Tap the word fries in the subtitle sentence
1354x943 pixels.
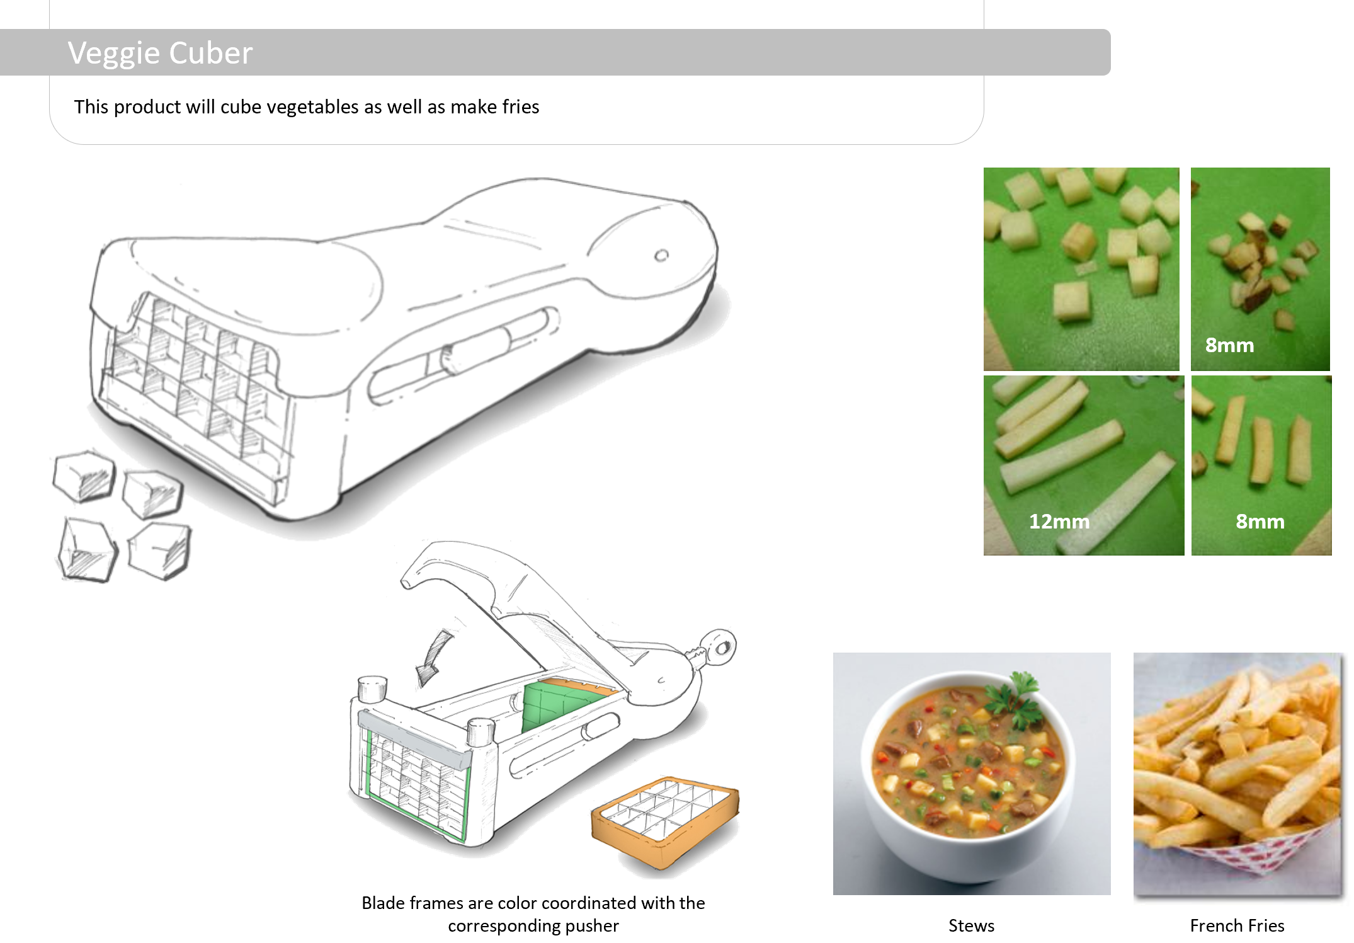(520, 107)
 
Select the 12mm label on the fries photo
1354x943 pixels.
(1059, 522)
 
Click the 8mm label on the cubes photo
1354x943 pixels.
(1229, 345)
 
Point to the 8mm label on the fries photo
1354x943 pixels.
(1260, 522)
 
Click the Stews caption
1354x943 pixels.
(971, 925)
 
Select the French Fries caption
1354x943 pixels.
(1237, 925)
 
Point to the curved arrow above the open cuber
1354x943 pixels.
(435, 658)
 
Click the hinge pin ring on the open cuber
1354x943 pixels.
(720, 647)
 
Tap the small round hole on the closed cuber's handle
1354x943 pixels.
(661, 255)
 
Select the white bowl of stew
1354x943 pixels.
(970, 775)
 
